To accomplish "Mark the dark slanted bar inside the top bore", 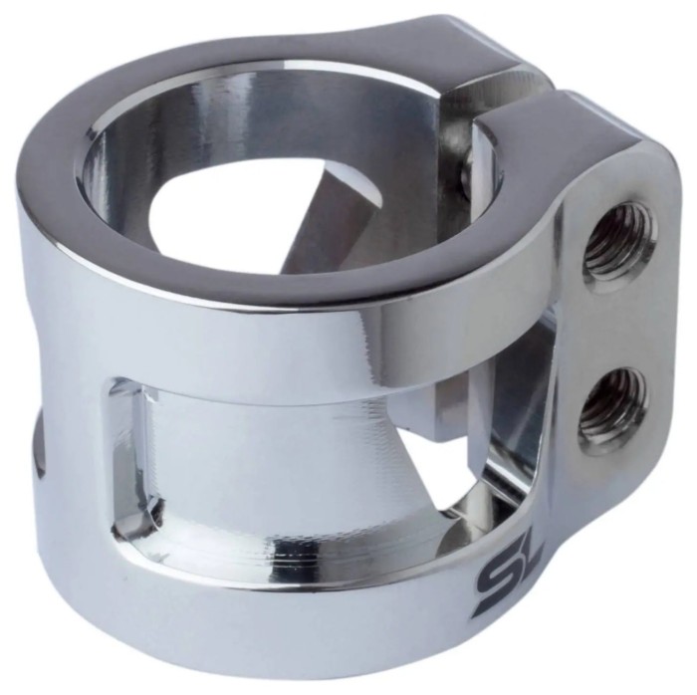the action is pos(329,213).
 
